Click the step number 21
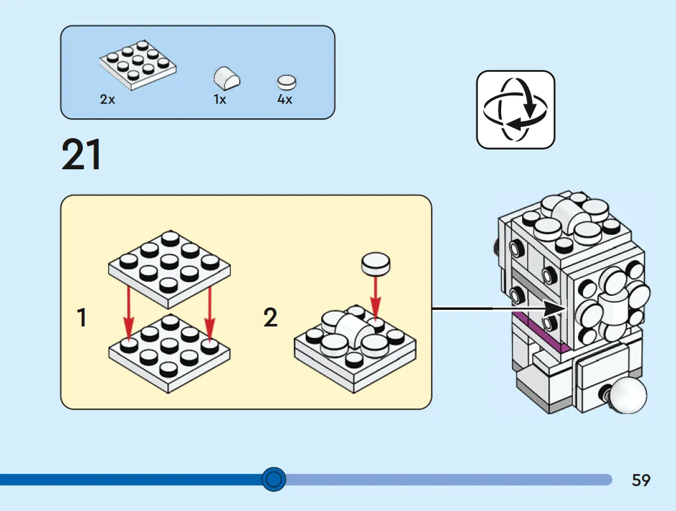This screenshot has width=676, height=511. (81, 154)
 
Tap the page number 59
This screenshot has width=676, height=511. (640, 480)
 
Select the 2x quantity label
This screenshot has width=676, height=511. (107, 99)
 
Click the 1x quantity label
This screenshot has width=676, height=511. (220, 99)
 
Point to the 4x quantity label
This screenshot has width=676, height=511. (284, 99)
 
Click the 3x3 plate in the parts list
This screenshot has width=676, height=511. (138, 65)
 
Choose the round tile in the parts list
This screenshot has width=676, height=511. (287, 82)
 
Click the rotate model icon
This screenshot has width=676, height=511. (516, 109)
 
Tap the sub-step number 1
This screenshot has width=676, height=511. (81, 318)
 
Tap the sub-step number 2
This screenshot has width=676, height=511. (270, 318)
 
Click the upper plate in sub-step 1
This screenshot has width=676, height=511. (169, 269)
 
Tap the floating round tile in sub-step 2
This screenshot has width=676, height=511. (375, 263)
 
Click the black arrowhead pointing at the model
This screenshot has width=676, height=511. (553, 308)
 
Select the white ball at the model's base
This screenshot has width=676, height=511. (627, 395)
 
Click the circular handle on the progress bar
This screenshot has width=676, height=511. (273, 479)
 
